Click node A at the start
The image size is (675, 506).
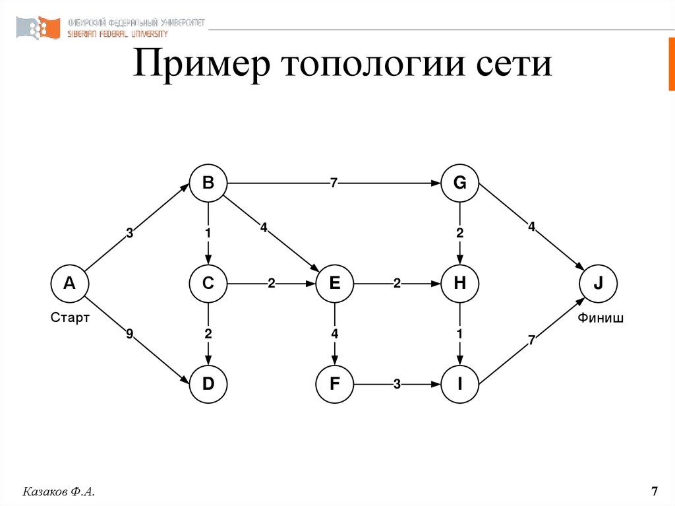69,284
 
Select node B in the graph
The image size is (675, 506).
208,183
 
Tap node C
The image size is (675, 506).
208,284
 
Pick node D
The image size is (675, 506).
208,384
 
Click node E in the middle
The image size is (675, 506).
334,284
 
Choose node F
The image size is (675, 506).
334,384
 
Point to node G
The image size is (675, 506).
460,183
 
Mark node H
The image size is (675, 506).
460,284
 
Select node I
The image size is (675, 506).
460,384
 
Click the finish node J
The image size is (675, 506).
598,284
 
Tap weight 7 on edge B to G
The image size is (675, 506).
334,183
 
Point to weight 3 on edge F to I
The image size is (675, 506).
397,385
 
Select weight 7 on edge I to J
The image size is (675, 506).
531,340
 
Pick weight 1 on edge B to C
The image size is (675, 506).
208,233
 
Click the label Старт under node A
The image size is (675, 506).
70,319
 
